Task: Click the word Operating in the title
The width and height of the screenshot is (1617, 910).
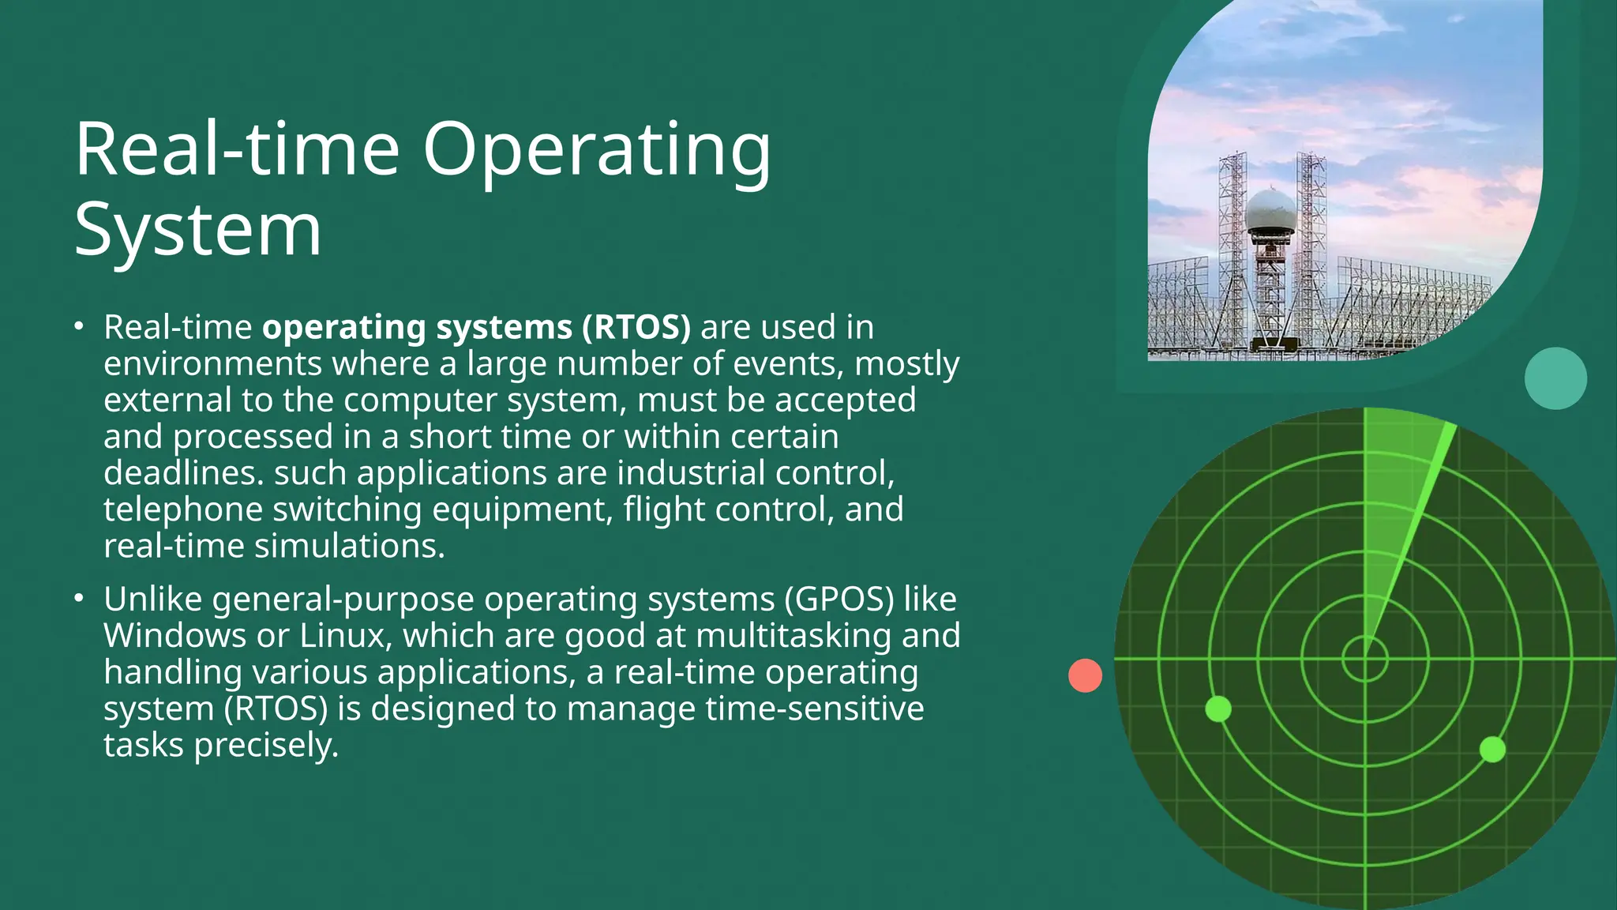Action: (x=596, y=152)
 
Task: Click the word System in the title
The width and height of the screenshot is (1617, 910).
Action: (x=197, y=231)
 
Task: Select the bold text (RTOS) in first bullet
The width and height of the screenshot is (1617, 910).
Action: (x=636, y=328)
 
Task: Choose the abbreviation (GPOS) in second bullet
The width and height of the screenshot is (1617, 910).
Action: (x=839, y=600)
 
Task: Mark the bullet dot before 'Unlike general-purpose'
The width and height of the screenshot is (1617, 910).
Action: (x=78, y=598)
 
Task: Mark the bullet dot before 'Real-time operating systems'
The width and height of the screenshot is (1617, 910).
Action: (x=78, y=325)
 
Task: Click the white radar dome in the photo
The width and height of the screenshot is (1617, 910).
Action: (x=1270, y=211)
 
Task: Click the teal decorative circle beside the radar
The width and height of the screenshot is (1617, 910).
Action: (x=1555, y=378)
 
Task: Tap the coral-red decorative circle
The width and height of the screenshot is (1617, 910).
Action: (x=1085, y=675)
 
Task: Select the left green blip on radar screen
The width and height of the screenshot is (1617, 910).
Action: (x=1218, y=709)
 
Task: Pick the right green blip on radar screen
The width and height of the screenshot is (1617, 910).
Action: (x=1492, y=749)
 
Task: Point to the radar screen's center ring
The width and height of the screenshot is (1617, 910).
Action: (x=1365, y=658)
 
